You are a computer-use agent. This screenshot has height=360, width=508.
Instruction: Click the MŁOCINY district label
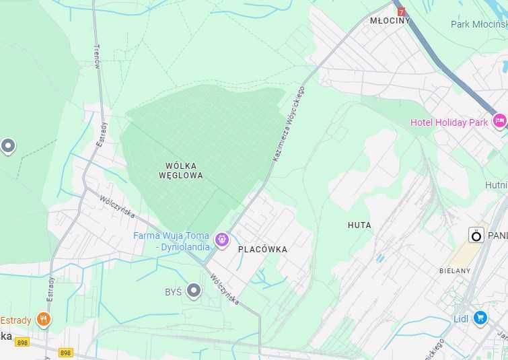coord(390,21)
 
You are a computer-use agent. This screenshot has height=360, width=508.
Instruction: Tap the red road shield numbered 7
coord(402,12)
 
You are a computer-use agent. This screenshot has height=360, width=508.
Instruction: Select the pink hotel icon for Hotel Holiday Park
coord(499,121)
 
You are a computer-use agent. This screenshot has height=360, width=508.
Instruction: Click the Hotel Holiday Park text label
coord(449,122)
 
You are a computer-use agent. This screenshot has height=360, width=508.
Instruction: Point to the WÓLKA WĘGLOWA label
coord(180,170)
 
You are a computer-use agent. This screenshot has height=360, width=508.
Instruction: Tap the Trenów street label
coord(97,51)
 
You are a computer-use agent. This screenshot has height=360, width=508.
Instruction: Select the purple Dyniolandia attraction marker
coord(221,239)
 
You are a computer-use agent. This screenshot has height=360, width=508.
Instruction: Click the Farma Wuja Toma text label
coord(171,236)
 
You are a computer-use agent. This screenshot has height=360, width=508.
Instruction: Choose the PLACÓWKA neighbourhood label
coord(262,250)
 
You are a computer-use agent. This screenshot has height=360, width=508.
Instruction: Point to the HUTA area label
coord(359,225)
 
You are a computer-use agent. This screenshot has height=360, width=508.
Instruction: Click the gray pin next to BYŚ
coord(194,291)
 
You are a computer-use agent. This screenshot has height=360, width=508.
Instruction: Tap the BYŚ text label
coord(173,292)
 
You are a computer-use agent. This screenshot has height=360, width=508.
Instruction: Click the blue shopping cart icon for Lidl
coord(480,318)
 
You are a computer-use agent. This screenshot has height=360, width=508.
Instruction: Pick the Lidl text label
coord(462,318)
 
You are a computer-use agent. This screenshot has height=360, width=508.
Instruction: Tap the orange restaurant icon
coord(44,319)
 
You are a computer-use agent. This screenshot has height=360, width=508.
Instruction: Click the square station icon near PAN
coord(476,236)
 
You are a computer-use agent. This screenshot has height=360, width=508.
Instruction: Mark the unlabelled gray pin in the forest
coord(8,145)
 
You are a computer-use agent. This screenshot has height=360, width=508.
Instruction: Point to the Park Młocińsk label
coord(478,24)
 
